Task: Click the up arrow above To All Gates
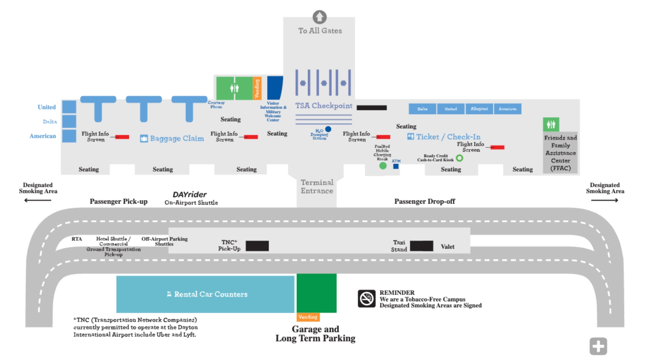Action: [319, 17]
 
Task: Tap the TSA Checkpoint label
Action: [323, 106]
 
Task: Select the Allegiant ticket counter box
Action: [479, 109]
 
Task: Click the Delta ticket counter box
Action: [422, 109]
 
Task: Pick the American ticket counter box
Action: [507, 109]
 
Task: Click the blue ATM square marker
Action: [396, 166]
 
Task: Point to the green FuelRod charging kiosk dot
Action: [383, 166]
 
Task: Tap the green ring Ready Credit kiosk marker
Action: [459, 158]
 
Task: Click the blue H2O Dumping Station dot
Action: [328, 129]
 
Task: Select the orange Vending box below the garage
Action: [308, 317]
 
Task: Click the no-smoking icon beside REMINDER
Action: [366, 298]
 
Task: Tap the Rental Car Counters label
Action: [211, 294]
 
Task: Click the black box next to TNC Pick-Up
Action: [257, 246]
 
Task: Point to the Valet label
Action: [448, 247]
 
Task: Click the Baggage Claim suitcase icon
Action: [144, 138]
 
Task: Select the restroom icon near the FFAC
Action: [551, 125]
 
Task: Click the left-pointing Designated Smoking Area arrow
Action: [38, 200]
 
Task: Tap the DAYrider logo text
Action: [190, 195]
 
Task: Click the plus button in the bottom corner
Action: [598, 346]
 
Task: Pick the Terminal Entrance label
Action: [317, 187]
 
